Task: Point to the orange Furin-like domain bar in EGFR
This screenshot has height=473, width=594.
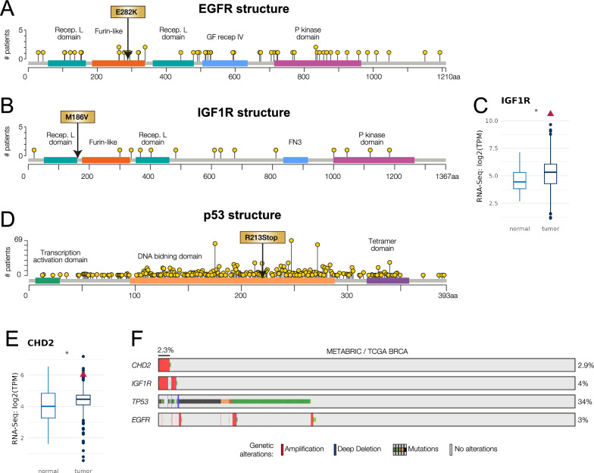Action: tap(118, 63)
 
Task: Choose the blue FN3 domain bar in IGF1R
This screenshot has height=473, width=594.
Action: tap(295, 160)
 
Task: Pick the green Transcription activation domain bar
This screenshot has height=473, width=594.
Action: tap(48, 280)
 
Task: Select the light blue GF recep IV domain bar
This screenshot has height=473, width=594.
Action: tap(225, 63)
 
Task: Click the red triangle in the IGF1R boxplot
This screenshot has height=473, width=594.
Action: tap(551, 113)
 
